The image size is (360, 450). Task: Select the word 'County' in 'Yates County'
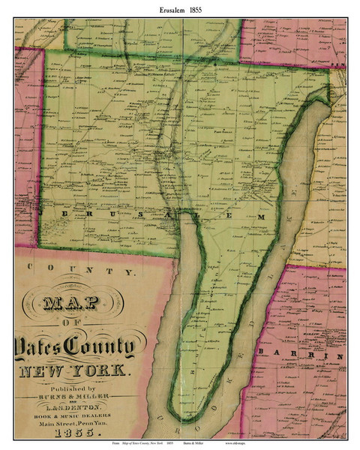click(x=99, y=347)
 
